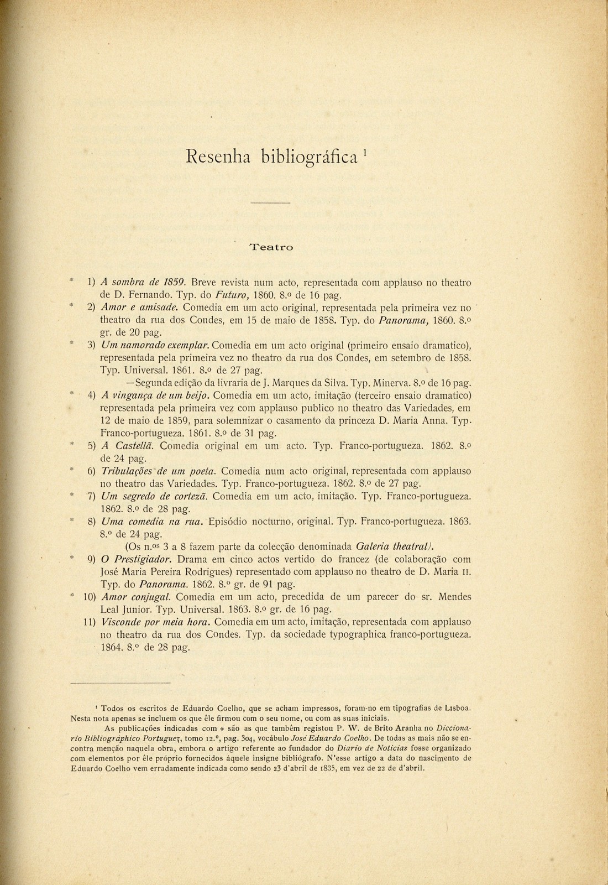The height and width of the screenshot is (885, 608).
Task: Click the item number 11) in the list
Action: coord(90,622)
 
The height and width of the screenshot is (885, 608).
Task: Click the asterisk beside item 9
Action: coord(72,558)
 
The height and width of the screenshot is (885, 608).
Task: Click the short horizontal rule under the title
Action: coord(270,203)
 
